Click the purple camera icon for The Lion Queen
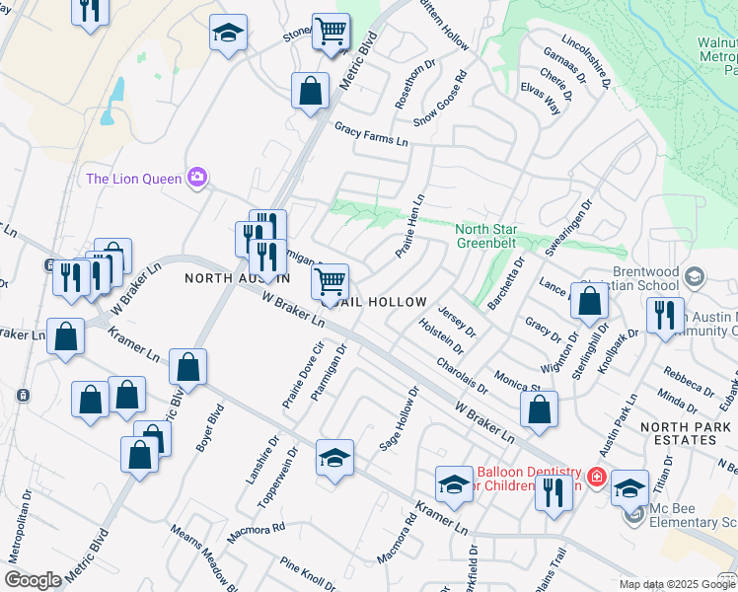coord(197,178)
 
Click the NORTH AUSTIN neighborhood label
coord(237,279)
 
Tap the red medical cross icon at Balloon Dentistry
coord(596,478)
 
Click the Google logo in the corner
coord(33,580)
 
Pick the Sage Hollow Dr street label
coord(401,420)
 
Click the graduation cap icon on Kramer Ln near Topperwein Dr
coord(334,458)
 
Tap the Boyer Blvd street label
coord(204,432)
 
